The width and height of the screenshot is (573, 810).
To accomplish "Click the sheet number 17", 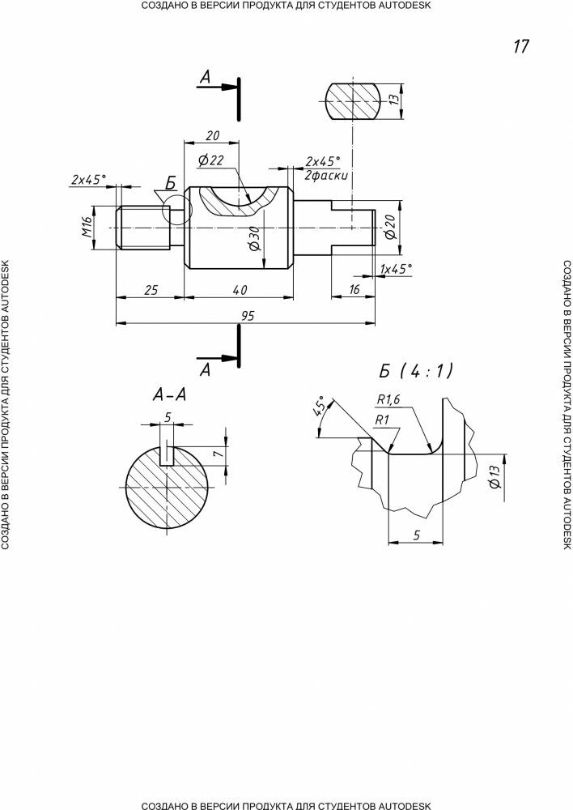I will [521, 46].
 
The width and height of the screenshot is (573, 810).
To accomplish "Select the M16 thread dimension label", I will [86, 228].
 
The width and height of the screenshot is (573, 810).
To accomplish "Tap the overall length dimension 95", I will [248, 316].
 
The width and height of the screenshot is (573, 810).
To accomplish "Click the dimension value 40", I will [240, 290].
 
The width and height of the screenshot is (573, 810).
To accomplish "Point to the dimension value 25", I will [151, 290].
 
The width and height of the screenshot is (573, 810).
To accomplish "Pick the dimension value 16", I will [354, 290].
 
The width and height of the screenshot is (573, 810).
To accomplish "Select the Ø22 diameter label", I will [210, 160].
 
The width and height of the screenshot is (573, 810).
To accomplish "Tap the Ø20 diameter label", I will [390, 228].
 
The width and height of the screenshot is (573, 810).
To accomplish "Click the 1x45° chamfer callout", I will [397, 269].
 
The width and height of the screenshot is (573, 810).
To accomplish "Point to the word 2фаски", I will [326, 175].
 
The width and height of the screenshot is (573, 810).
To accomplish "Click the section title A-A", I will [169, 394].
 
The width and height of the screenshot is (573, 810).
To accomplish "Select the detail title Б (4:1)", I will [416, 371].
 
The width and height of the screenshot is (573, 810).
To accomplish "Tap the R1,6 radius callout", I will [388, 399].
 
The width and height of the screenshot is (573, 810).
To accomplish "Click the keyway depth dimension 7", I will [217, 454].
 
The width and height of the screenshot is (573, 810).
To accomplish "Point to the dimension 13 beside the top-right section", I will [393, 100].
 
